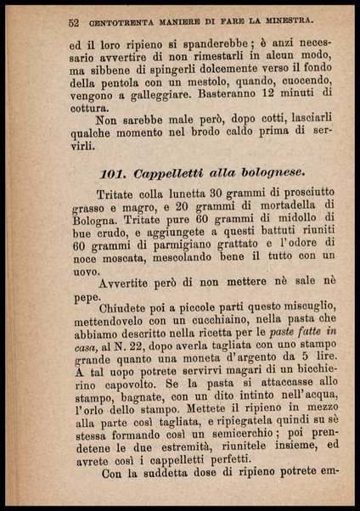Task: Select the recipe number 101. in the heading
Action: click(114, 174)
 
